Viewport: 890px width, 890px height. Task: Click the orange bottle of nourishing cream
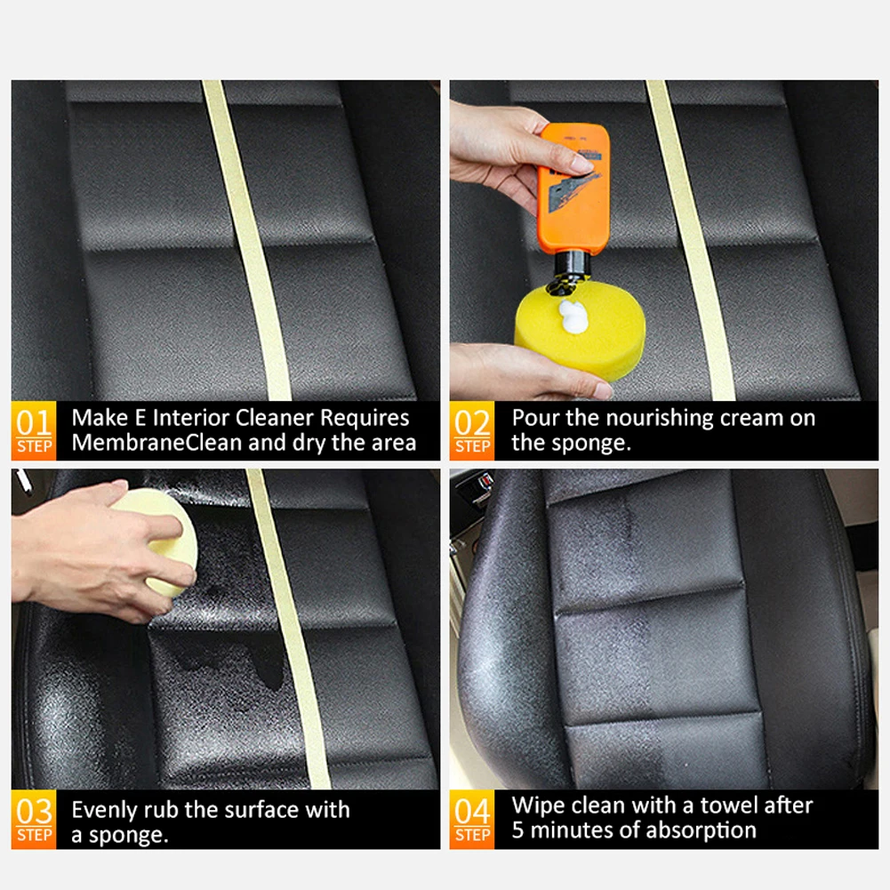pyautogui.click(x=573, y=190)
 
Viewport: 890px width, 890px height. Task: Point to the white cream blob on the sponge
pyautogui.click(x=573, y=316)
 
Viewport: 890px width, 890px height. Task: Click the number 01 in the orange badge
pyautogui.click(x=34, y=423)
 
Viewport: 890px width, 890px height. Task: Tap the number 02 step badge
pyautogui.click(x=472, y=431)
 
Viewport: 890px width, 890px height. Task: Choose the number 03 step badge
pyautogui.click(x=34, y=819)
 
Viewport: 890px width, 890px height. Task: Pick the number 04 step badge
pyautogui.click(x=472, y=819)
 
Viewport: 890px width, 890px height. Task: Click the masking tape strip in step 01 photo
pyautogui.click(x=247, y=240)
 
